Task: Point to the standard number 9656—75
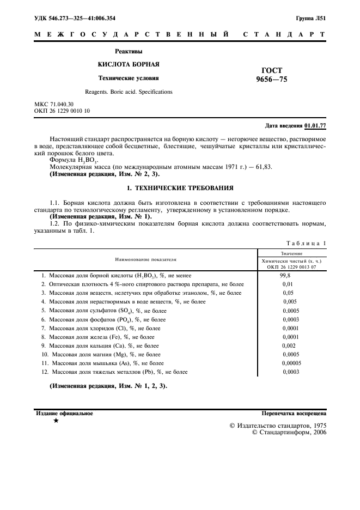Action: pos(271,80)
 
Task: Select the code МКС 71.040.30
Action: pos(54,104)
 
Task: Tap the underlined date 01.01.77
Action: pos(315,125)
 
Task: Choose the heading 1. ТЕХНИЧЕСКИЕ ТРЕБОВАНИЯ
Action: pos(180,188)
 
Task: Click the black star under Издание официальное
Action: pos(56,421)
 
